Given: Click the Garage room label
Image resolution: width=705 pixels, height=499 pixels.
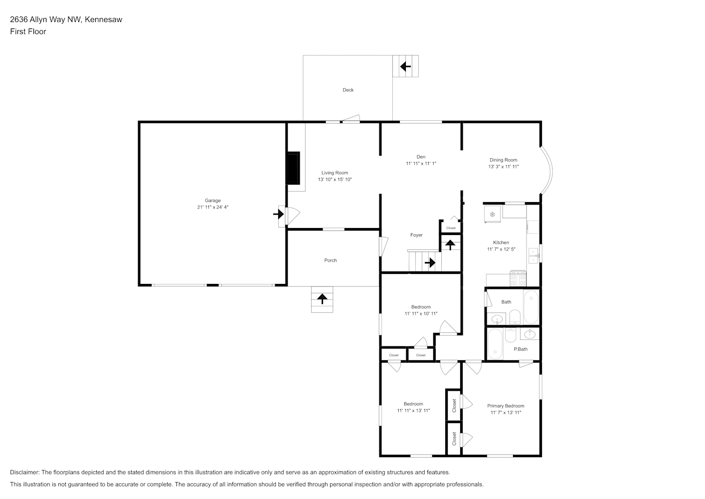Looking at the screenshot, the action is pos(212,201).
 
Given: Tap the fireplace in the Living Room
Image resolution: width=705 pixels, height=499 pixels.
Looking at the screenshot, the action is pos(293,168).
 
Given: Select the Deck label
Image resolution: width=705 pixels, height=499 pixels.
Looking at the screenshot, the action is pos(348,90).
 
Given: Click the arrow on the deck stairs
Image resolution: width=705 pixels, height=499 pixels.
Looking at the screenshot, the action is pos(405,66).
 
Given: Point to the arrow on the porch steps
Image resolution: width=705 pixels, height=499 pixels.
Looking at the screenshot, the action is pos(322,298).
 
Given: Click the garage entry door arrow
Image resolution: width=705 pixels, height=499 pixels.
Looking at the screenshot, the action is pos(279,214).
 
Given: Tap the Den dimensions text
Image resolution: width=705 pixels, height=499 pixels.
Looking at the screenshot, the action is pos(421,164).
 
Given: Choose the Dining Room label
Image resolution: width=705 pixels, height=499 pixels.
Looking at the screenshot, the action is pos(503,160).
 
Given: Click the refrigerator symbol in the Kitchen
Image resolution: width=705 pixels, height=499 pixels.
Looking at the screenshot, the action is pos(492,214).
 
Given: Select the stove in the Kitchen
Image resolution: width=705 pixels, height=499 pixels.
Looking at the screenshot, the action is pos(518,278).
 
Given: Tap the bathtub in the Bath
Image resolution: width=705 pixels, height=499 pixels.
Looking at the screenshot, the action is pos(531,307).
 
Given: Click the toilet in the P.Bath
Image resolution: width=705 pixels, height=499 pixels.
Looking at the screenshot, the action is pos(511,335).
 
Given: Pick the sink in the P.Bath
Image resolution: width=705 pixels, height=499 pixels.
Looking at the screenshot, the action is pos(529,334).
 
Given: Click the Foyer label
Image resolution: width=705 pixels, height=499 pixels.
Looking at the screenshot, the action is pos(416,235).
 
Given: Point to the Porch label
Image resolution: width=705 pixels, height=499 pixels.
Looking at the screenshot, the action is pos(331,260).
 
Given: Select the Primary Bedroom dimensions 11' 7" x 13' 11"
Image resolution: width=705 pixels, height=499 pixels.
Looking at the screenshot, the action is pos(506,412).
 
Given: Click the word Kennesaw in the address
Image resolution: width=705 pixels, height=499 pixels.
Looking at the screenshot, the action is pos(104,19).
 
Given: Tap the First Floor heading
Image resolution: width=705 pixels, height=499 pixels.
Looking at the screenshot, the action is pos(28,31).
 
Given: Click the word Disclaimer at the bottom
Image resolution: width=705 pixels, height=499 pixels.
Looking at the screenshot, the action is pos(25,472).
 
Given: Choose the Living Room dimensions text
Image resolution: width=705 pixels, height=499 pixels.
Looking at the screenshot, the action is pos(335,180).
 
